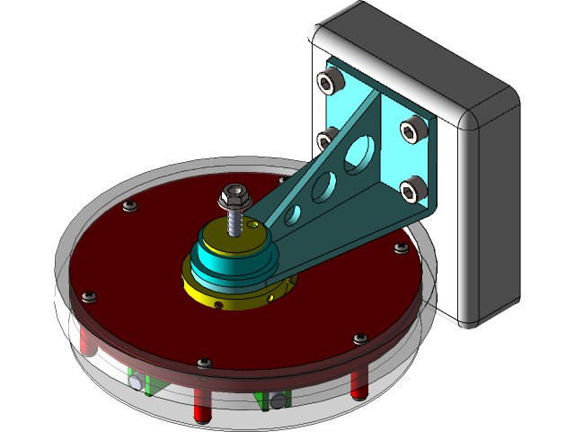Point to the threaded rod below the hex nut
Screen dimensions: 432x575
coord(235,220)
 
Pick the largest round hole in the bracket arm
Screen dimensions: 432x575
coord(358,152)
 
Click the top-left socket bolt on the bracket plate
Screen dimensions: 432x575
coord(330,83)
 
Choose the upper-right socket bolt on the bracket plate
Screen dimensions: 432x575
coord(412,129)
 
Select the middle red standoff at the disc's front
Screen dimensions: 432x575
coord(199,404)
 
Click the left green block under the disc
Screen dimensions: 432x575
coord(149,383)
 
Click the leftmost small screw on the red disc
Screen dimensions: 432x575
coord(88,297)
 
